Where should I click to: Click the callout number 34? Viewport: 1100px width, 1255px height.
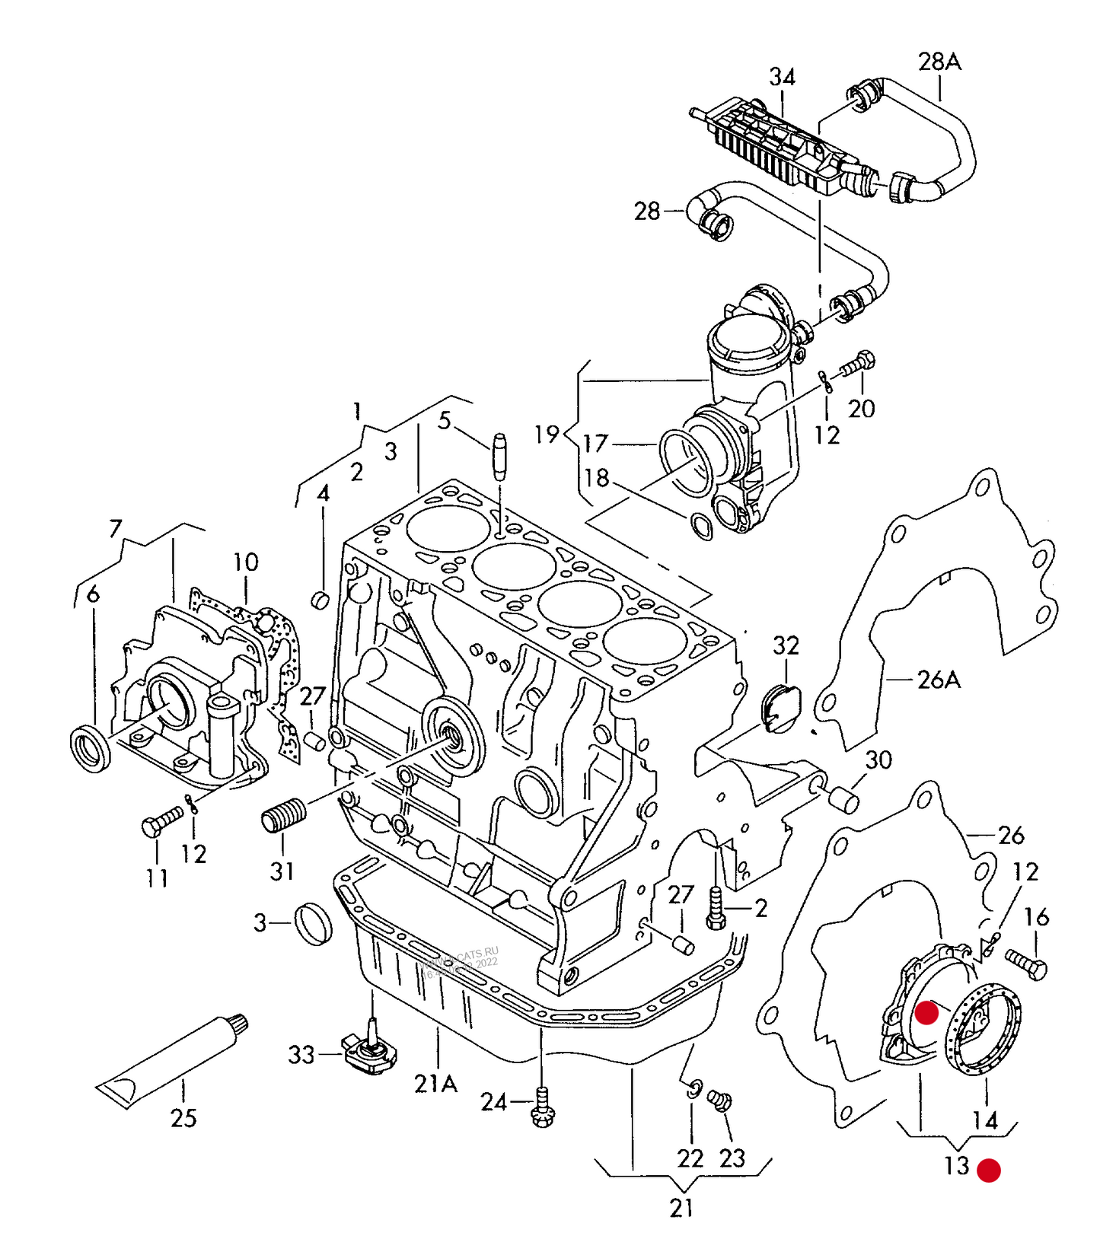(782, 77)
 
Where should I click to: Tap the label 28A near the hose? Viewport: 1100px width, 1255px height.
(939, 62)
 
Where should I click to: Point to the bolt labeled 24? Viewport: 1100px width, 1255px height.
(543, 1107)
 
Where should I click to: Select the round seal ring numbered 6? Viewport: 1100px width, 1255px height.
(91, 750)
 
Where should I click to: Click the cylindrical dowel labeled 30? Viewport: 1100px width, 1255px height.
(843, 801)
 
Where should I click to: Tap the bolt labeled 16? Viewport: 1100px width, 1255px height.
(1027, 964)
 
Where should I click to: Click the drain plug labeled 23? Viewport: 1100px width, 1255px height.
(719, 1101)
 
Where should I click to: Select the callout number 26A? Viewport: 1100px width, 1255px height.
(939, 680)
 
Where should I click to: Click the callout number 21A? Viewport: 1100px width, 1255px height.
(435, 1084)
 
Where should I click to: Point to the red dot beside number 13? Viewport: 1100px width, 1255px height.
(988, 1170)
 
